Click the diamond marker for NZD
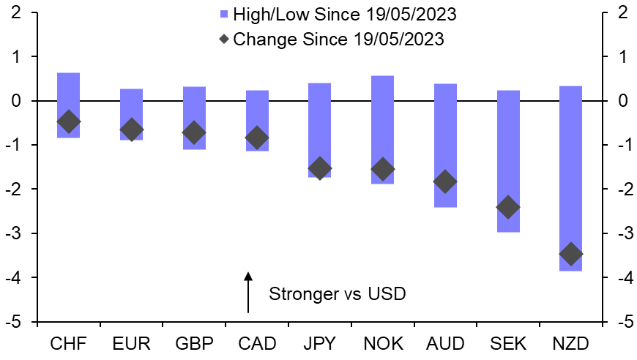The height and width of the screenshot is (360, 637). point(570,255)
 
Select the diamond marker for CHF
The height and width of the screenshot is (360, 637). point(68,122)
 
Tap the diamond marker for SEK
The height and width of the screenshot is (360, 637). point(507,208)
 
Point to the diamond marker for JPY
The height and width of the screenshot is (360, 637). point(319,168)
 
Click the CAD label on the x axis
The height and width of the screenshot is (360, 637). point(256,343)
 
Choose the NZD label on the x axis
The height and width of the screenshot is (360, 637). point(570,343)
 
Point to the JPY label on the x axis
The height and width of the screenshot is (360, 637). point(319,343)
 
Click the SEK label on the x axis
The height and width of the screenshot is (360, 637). point(507,343)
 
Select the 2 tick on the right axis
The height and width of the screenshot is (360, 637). point(623,12)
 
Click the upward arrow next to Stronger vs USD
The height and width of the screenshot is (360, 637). point(248,292)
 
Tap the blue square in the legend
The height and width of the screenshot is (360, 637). point(224,15)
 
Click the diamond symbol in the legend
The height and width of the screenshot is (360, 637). point(224,38)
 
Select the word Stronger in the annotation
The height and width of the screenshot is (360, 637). point(299,294)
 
